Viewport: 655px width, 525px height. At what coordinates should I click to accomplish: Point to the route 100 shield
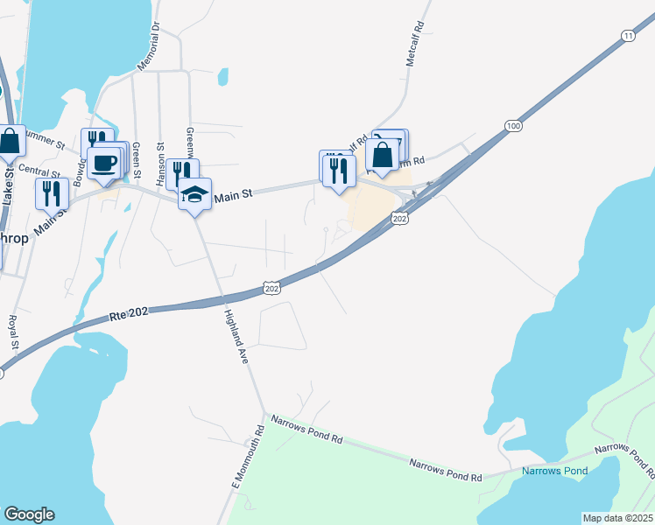point(512,128)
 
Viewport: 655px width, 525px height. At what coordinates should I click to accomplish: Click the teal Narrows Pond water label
point(554,471)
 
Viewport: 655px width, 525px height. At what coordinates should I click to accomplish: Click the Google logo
point(29,514)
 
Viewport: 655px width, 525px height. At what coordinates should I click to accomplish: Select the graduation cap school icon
point(194,194)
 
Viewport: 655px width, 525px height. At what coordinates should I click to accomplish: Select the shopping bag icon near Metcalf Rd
point(382,155)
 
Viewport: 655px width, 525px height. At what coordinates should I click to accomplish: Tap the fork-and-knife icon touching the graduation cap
point(181,173)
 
